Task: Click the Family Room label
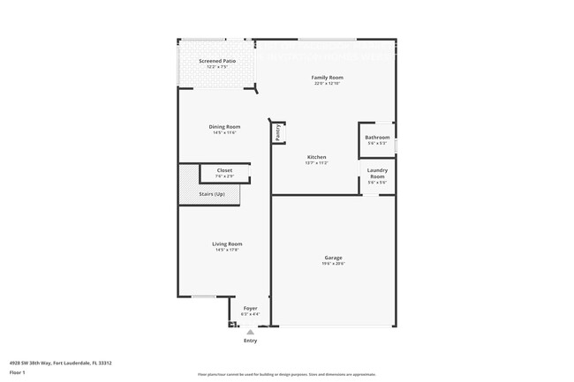click(x=327, y=78)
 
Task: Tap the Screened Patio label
click(x=216, y=61)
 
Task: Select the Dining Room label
click(x=224, y=126)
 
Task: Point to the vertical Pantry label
click(x=277, y=132)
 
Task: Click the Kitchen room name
click(x=316, y=157)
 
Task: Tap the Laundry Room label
click(x=377, y=174)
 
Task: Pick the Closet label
click(x=224, y=170)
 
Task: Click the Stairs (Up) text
click(x=212, y=193)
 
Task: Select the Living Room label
click(x=227, y=243)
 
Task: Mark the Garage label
click(x=333, y=258)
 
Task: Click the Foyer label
click(x=250, y=308)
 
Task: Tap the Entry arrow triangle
click(x=250, y=332)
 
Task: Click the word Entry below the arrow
click(x=250, y=341)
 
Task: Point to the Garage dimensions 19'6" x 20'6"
click(x=333, y=264)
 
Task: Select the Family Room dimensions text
click(x=327, y=84)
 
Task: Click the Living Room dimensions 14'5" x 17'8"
click(x=227, y=250)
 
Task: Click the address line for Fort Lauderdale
click(x=60, y=362)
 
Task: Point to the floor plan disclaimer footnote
click(x=287, y=374)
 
